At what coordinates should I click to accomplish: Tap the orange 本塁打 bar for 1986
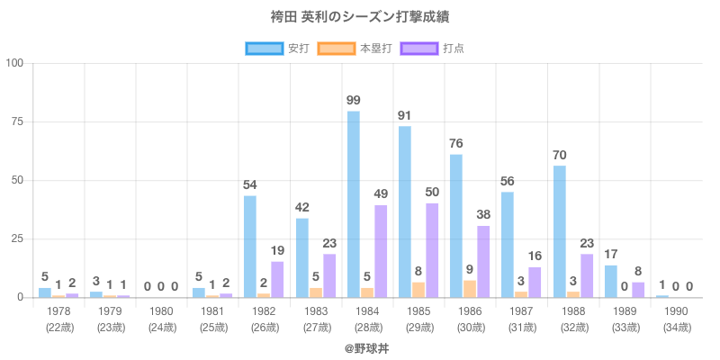[470, 289]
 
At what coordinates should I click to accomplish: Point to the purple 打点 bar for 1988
[587, 275]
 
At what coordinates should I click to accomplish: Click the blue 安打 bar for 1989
[611, 282]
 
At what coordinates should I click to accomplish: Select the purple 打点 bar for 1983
[329, 275]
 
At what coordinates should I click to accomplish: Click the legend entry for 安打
[276, 48]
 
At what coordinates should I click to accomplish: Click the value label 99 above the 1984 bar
[354, 100]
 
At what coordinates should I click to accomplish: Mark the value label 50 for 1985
[432, 192]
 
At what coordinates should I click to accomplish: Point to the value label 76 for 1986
[456, 143]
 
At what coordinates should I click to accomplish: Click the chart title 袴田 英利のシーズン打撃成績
[360, 17]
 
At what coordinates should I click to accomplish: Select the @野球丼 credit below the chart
[360, 346]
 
